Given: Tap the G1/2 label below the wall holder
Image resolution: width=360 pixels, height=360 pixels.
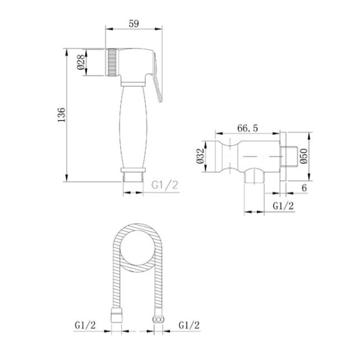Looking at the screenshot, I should (x=283, y=206).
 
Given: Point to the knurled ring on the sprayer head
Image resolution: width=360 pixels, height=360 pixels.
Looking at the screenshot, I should (x=111, y=62).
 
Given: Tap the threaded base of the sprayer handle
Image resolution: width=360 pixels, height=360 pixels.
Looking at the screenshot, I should (x=133, y=176).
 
